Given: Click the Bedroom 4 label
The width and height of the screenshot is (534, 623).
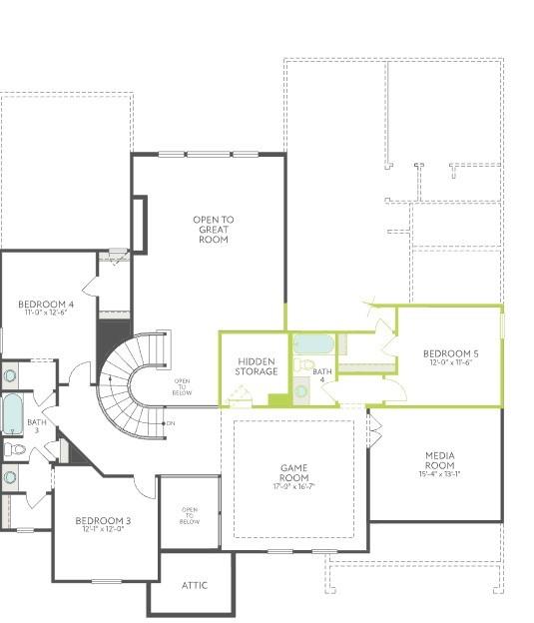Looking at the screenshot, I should pyautogui.click(x=46, y=304).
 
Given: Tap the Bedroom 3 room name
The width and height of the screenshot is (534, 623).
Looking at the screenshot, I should pyautogui.click(x=103, y=520).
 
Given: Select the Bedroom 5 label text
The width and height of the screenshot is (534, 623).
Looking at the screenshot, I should pyautogui.click(x=450, y=353).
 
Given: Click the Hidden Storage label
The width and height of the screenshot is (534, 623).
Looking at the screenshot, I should pyautogui.click(x=257, y=366).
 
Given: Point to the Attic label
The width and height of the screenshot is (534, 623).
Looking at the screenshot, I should pyautogui.click(x=195, y=585).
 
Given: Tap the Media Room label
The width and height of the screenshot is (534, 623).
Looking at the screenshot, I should pyautogui.click(x=439, y=460).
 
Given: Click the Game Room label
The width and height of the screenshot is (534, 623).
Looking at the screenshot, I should pyautogui.click(x=293, y=472).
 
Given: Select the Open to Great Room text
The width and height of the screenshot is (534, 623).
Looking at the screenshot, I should pyautogui.click(x=214, y=230).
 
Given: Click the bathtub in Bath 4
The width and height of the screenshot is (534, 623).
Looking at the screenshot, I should pyautogui.click(x=314, y=345).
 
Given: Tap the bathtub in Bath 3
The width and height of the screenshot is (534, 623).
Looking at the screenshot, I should pyautogui.click(x=11, y=413).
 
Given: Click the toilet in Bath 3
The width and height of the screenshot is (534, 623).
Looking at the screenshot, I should pyautogui.click(x=14, y=450).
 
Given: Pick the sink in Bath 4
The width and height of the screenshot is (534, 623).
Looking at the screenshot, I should pyautogui.click(x=301, y=390).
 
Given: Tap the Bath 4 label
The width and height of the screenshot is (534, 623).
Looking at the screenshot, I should pyautogui.click(x=322, y=375).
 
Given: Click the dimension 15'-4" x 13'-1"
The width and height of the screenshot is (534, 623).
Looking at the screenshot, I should pyautogui.click(x=439, y=475).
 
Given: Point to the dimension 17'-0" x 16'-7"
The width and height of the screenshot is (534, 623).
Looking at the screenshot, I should pyautogui.click(x=293, y=487).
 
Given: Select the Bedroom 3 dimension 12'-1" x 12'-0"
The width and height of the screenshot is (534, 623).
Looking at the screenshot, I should pyautogui.click(x=103, y=530).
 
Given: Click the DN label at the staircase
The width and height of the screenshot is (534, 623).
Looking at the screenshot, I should pyautogui.click(x=170, y=424).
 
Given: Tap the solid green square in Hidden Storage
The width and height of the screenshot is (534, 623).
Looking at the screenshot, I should pyautogui.click(x=277, y=400).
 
